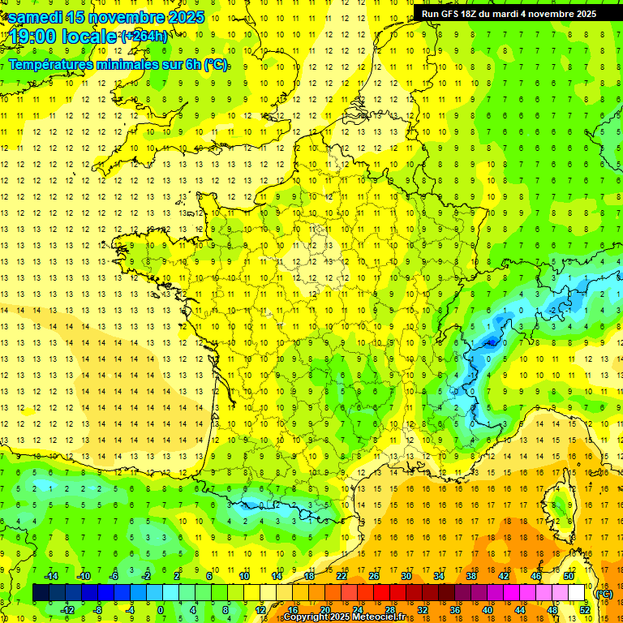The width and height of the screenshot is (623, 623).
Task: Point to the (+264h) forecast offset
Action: [x=144, y=36]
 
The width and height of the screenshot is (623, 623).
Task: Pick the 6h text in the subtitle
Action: [x=194, y=64]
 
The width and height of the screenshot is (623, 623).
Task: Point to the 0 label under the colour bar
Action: [x=161, y=610]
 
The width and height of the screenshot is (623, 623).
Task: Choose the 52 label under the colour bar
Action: [x=585, y=610]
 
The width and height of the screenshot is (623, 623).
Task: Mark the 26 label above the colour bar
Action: [x=375, y=576]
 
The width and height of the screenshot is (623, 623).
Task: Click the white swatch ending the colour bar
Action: [x=578, y=593]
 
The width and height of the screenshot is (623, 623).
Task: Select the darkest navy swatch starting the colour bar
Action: [x=41, y=593]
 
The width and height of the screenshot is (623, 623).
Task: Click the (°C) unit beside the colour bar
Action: [x=604, y=593]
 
